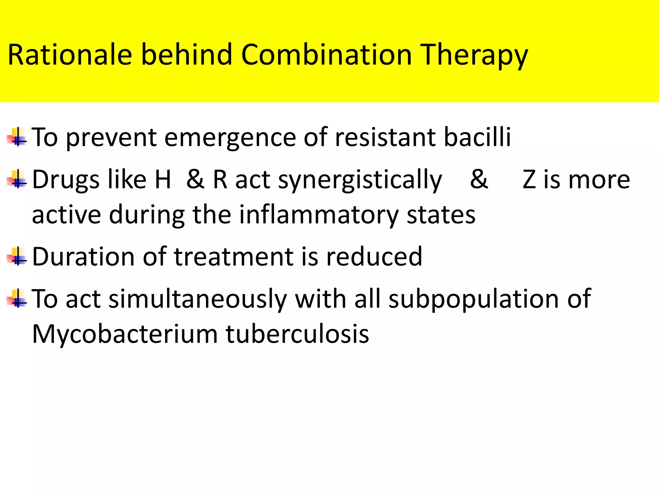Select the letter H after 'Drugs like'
163,179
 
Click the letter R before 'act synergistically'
220,179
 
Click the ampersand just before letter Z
478,179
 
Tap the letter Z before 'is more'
529,179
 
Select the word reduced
374,257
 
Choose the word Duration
83,257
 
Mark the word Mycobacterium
125,334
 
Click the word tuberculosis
297,334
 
